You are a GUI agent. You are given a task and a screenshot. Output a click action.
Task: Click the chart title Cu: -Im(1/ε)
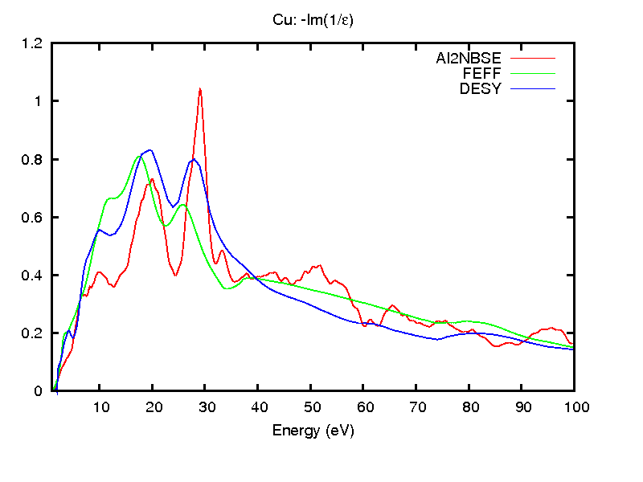tap(313, 21)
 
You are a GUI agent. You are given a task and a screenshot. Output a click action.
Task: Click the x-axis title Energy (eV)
tap(313, 430)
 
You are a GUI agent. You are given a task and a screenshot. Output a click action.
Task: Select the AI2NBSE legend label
tap(468, 59)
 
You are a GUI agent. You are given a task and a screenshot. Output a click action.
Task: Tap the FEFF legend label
tap(482, 74)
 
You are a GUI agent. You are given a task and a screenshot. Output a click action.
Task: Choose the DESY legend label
tap(480, 89)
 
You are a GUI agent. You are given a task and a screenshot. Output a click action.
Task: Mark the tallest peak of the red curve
tap(199, 88)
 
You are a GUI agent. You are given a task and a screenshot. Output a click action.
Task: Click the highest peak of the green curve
tap(140, 156)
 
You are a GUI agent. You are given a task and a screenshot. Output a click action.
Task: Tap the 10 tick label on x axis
tap(100, 407)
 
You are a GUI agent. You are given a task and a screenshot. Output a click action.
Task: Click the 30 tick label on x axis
tap(205, 407)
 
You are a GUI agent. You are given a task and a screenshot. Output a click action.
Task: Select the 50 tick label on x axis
tap(310, 407)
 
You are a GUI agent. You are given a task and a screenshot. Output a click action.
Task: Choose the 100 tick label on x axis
tap(574, 407)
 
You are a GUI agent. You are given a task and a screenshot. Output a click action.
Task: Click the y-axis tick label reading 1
tap(37, 101)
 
